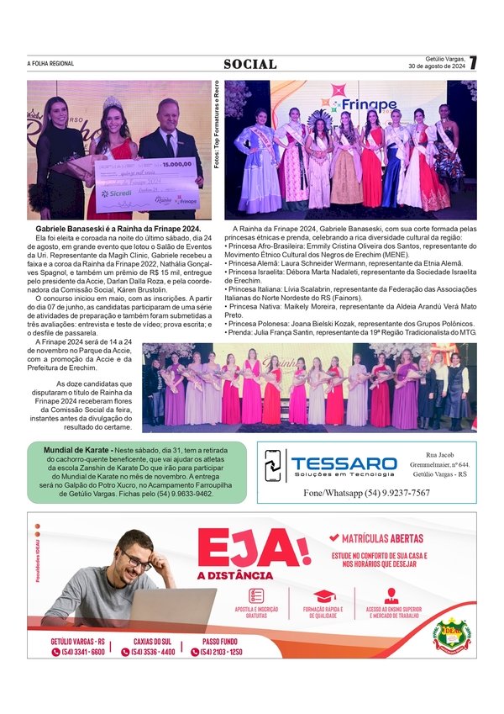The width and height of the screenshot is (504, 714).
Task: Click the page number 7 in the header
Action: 473,62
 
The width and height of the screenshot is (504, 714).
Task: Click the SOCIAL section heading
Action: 249,65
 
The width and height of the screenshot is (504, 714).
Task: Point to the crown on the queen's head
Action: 113,103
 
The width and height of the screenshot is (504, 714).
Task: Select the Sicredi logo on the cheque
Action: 116,193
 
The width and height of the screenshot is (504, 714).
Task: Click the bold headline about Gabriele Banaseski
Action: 118,229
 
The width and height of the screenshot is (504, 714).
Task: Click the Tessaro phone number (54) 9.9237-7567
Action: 367,493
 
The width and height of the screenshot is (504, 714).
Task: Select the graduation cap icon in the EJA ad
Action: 323,595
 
